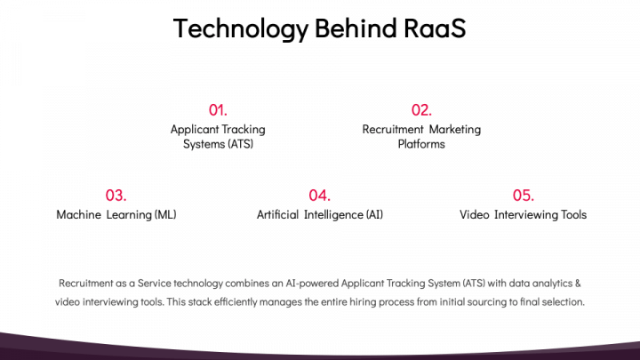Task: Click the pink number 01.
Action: pyautogui.click(x=218, y=110)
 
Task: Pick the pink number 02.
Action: pyautogui.click(x=421, y=110)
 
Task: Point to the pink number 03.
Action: pyautogui.click(x=116, y=196)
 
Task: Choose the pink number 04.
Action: pyautogui.click(x=319, y=196)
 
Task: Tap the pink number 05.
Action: pyautogui.click(x=523, y=196)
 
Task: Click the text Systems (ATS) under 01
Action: pyautogui.click(x=218, y=144)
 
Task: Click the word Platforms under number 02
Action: pyautogui.click(x=421, y=144)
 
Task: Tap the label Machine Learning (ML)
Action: pyautogui.click(x=116, y=215)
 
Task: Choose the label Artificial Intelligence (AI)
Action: pyautogui.click(x=320, y=215)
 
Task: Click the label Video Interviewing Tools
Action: pyautogui.click(x=523, y=215)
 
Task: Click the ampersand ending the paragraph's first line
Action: pyautogui.click(x=578, y=283)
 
